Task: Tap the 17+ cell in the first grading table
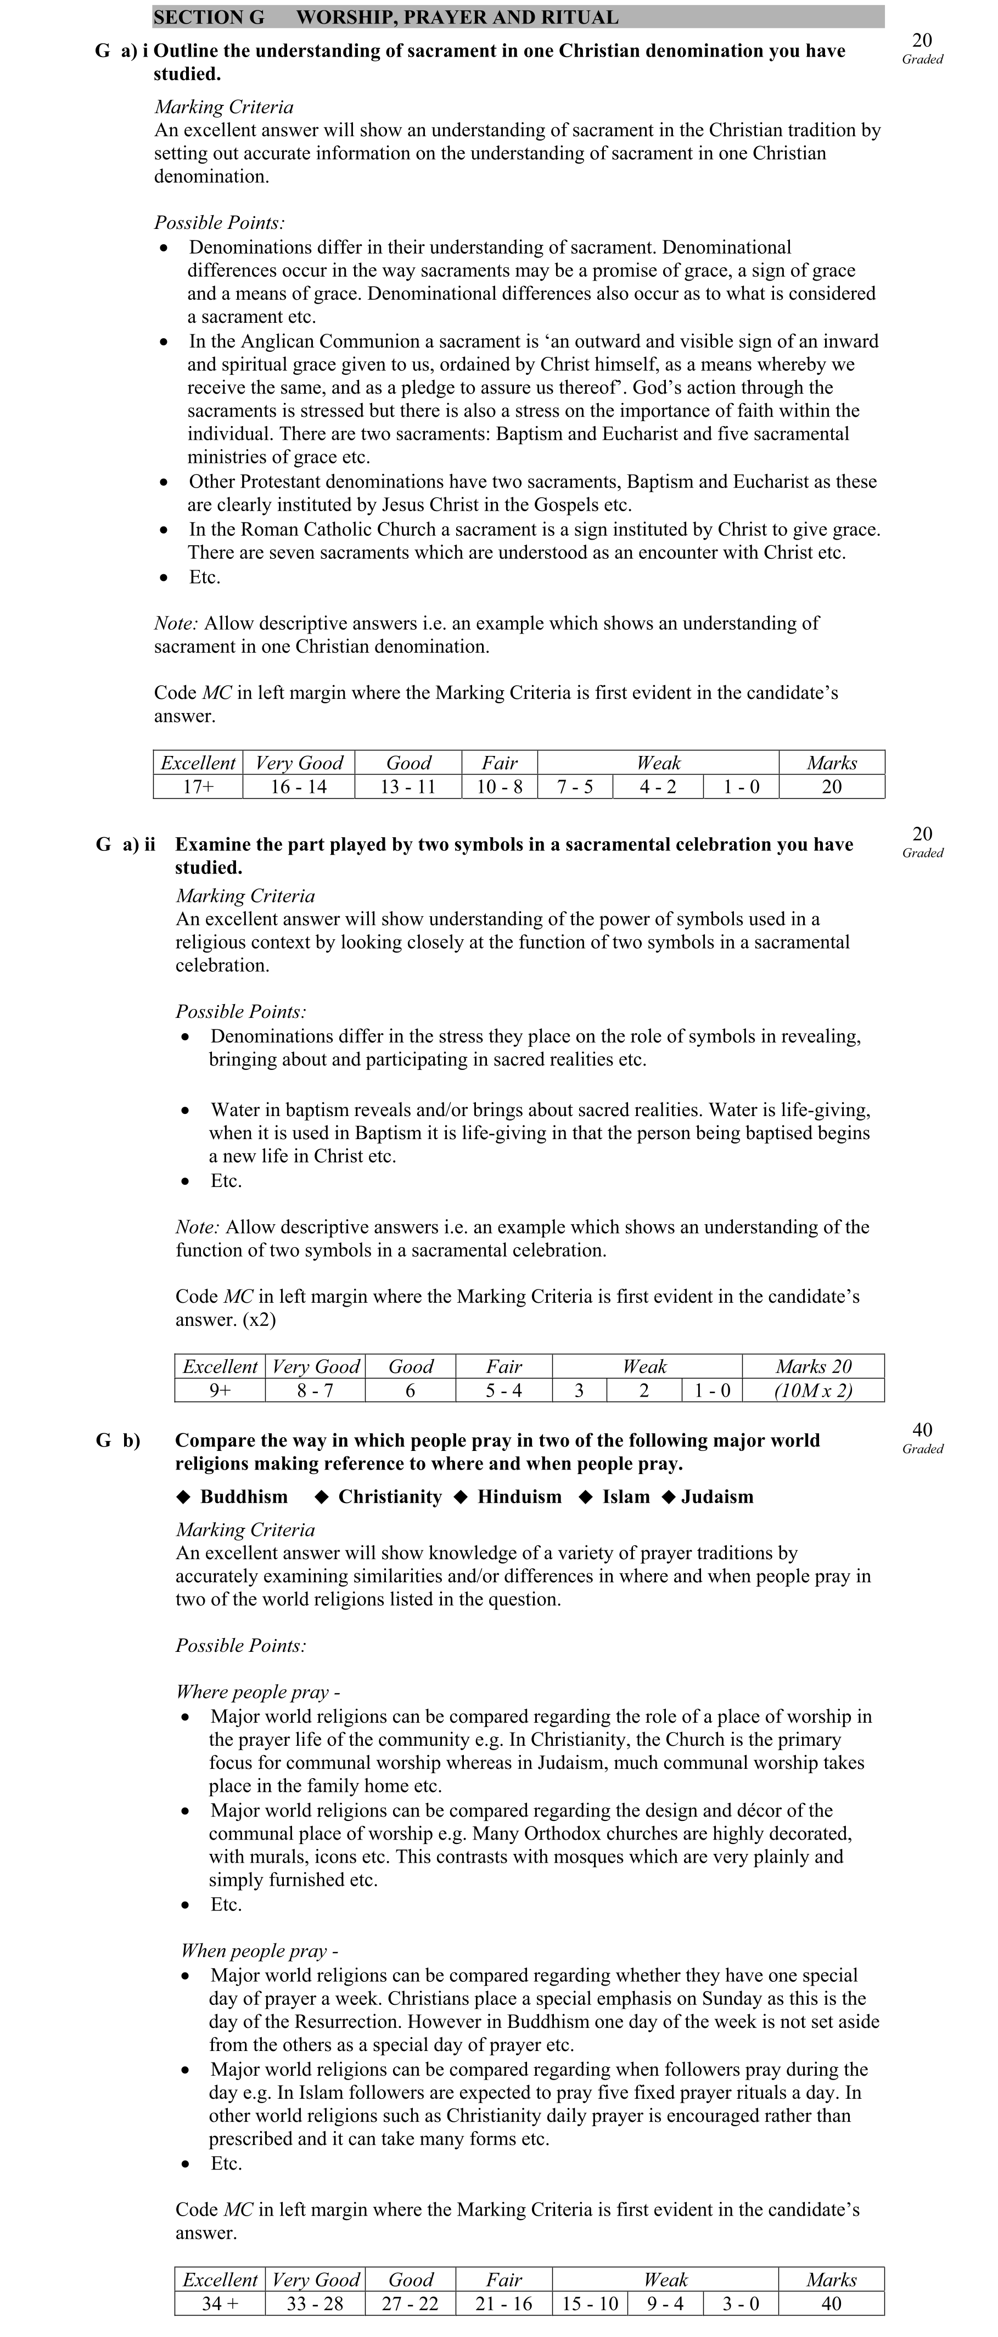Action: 198,787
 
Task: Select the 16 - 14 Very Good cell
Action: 299,787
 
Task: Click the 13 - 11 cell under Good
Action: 407,787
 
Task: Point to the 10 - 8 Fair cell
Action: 500,787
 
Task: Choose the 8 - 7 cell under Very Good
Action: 315,1390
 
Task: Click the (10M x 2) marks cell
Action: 813,1390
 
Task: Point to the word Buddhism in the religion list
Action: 243,1497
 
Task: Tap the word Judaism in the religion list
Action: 717,1497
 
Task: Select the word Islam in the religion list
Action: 626,1497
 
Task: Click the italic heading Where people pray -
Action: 257,1692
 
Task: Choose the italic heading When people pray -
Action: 260,1951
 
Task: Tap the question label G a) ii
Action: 125,845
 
